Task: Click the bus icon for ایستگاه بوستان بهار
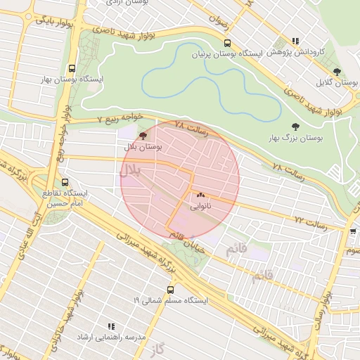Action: (x=72, y=69)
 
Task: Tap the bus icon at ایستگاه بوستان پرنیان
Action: (x=225, y=43)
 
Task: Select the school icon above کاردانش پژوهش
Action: (x=296, y=41)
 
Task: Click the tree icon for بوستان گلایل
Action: (x=337, y=72)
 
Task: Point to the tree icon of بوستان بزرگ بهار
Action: (x=294, y=126)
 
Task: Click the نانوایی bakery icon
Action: (x=201, y=195)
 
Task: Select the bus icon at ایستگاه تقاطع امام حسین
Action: (x=65, y=181)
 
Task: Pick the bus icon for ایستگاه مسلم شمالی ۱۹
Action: (x=170, y=289)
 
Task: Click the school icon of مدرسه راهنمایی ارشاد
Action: (x=110, y=326)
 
